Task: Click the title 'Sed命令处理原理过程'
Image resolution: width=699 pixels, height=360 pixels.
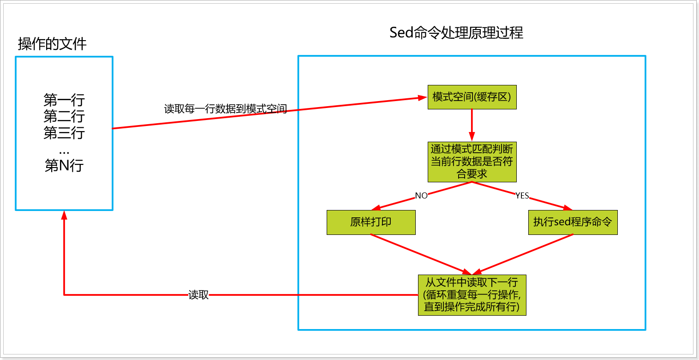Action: [456, 33]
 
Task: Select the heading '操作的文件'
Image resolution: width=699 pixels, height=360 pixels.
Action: [52, 44]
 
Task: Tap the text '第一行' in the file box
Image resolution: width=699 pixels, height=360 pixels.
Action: [64, 100]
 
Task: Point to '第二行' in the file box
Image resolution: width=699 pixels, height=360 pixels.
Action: [64, 116]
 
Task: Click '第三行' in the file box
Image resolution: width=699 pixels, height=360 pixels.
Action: [64, 133]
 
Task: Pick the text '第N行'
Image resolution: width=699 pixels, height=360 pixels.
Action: [64, 165]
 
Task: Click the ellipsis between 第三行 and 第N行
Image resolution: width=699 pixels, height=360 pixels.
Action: [64, 150]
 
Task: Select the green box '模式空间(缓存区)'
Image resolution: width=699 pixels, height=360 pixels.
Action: [472, 97]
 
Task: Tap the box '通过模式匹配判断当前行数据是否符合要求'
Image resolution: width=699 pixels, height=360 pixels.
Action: [472, 162]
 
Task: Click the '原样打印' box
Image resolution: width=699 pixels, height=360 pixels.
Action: [371, 222]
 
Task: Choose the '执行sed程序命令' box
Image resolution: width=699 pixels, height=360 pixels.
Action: [573, 222]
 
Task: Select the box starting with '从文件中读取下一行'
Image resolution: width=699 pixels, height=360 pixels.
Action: [472, 295]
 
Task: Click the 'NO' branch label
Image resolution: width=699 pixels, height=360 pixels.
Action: [421, 196]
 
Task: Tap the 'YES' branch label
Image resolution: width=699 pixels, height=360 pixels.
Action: [522, 196]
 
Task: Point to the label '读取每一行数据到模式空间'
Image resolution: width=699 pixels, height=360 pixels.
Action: [226, 109]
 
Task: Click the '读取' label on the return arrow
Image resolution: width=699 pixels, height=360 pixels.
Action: [199, 295]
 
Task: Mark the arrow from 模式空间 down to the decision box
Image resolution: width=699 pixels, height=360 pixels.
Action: [472, 125]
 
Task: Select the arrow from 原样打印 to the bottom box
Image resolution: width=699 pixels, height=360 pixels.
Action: [420, 254]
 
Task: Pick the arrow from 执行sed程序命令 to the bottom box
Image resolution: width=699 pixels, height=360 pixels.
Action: [526, 254]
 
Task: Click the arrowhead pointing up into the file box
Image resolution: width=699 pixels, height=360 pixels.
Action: [64, 216]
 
